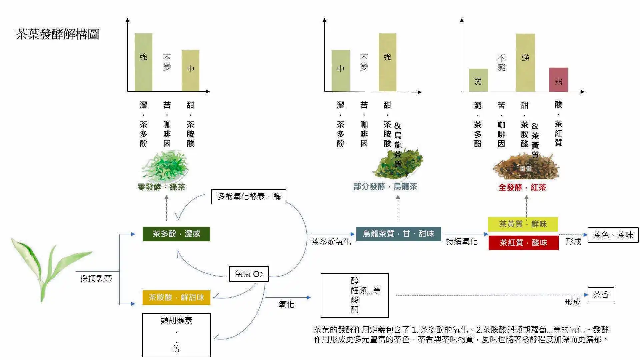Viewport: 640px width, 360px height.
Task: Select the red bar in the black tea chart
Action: tap(558, 80)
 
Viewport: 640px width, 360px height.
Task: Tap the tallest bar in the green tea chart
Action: tap(143, 62)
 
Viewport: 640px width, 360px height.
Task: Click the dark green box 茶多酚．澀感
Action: tap(176, 234)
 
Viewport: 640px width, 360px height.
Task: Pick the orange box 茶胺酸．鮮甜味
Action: tap(176, 297)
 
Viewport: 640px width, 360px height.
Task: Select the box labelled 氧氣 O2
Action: tap(249, 274)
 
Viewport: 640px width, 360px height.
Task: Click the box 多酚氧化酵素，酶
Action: tap(249, 197)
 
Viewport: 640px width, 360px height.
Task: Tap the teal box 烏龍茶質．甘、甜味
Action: tap(398, 234)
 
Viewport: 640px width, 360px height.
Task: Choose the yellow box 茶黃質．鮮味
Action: tap(523, 224)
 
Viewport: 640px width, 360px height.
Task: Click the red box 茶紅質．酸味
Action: tap(523, 243)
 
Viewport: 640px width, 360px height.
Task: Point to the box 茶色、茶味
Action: tap(613, 235)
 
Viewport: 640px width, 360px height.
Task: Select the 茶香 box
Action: tap(601, 295)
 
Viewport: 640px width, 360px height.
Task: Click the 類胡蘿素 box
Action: tap(176, 335)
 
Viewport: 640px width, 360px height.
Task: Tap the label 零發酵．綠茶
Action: tap(161, 187)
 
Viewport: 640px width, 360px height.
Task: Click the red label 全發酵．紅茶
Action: tap(522, 187)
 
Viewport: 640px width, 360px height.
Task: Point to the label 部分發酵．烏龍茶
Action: tap(385, 186)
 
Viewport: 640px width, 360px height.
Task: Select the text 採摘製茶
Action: tap(96, 278)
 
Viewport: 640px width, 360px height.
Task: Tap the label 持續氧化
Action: tap(462, 241)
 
